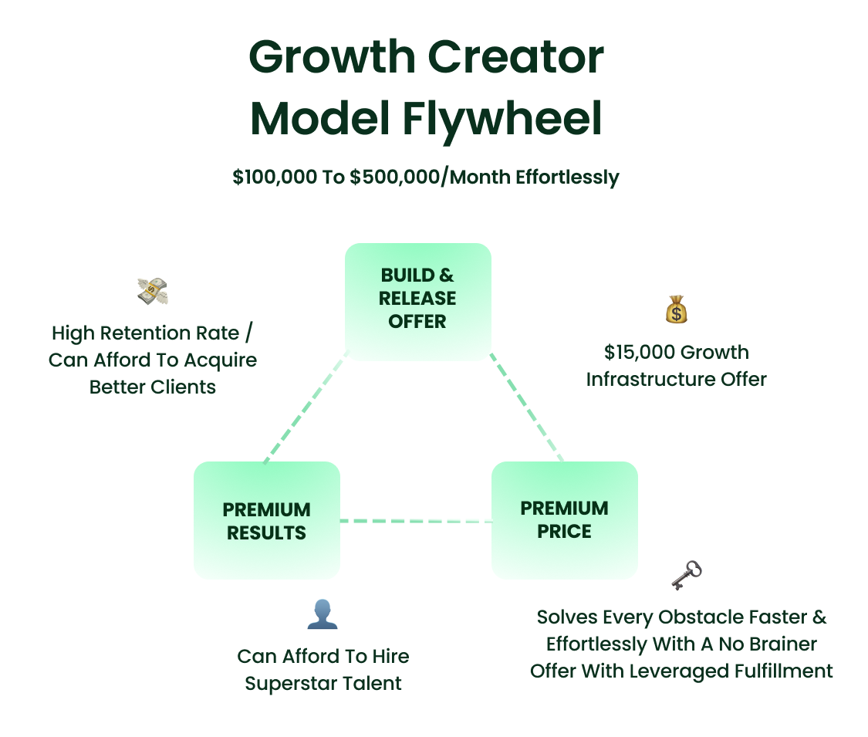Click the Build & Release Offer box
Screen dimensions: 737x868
coord(417,302)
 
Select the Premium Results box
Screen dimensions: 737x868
coord(266,521)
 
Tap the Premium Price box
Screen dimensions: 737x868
coord(564,519)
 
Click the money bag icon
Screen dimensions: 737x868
coord(676,309)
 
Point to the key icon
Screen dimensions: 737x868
coord(686,575)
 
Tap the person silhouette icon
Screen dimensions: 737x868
coord(323,614)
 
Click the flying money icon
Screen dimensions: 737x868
coord(153,291)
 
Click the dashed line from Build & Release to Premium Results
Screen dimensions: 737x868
coord(306,408)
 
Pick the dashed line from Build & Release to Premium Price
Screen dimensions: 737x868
coord(527,408)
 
